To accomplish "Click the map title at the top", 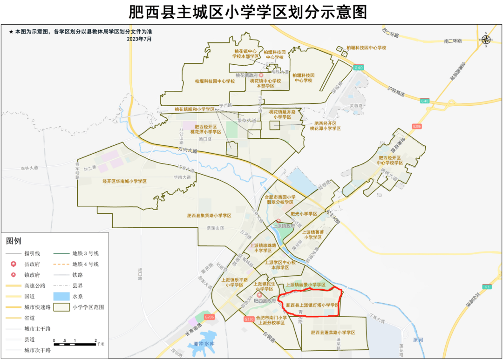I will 251,11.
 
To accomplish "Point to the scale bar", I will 75,344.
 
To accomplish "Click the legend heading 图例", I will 14,241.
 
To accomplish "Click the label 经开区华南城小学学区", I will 124,181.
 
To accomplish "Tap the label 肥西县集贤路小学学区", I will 209,216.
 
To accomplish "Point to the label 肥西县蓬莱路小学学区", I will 333,333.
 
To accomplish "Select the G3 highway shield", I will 487,286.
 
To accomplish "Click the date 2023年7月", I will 139,39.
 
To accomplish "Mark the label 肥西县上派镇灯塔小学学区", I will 312,306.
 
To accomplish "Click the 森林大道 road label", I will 29,168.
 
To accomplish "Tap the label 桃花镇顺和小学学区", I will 194,109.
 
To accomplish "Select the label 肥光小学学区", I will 304,214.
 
